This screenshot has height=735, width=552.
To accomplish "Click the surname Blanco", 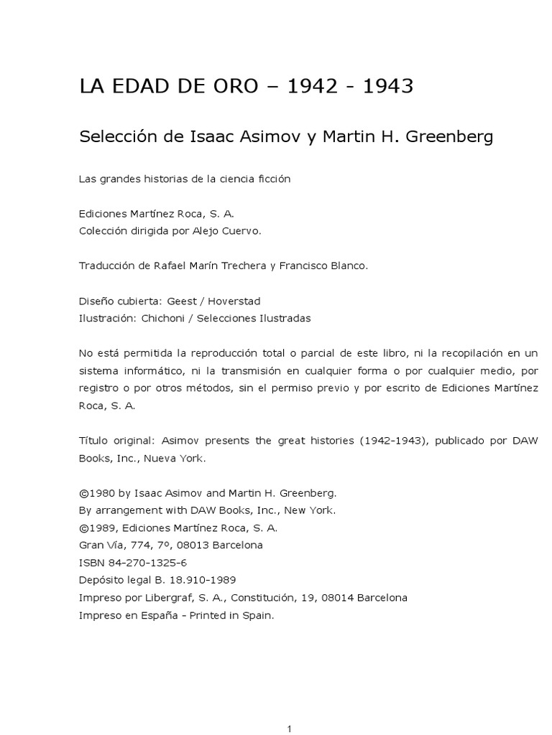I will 346,266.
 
